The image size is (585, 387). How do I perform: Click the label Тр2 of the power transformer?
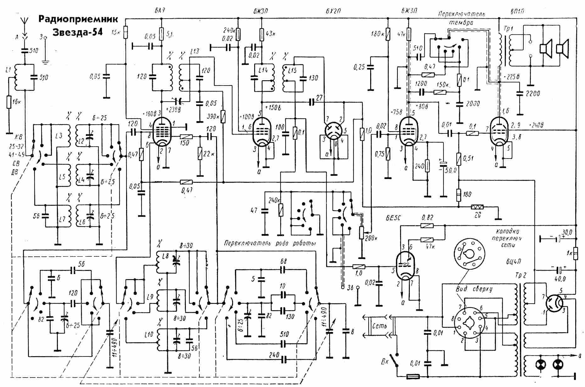[x=520, y=274]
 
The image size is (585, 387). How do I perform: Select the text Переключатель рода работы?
[x=270, y=243]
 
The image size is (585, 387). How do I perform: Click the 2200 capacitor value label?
[x=533, y=93]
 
